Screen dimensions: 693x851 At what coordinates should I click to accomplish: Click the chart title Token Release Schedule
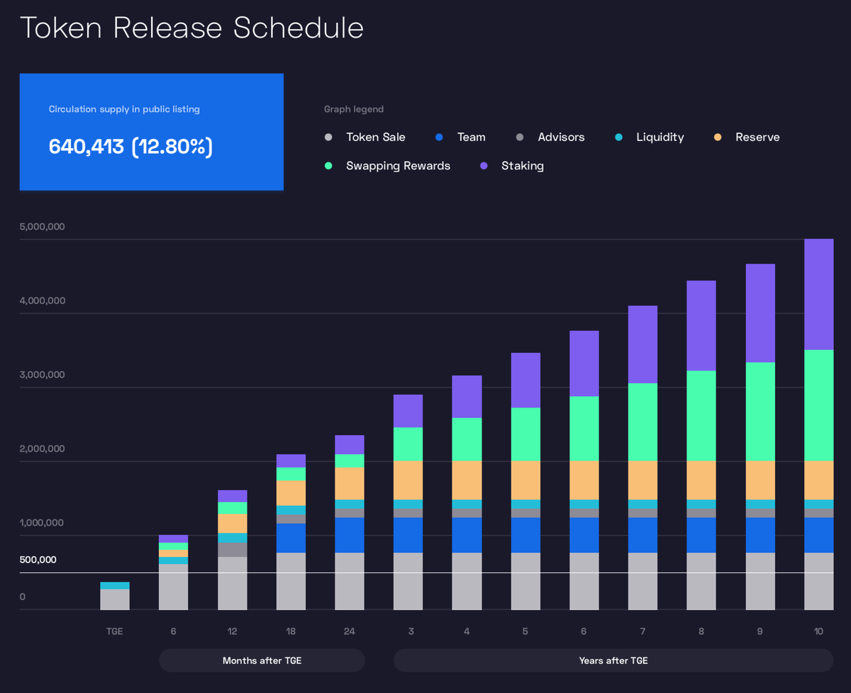click(191, 28)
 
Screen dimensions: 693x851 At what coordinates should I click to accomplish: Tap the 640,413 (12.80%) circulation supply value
click(130, 147)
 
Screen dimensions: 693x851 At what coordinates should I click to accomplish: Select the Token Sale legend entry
click(375, 137)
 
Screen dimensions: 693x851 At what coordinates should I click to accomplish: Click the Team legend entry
click(471, 137)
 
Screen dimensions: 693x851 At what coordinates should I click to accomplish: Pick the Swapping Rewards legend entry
click(397, 166)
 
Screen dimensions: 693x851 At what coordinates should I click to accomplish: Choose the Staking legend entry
click(522, 166)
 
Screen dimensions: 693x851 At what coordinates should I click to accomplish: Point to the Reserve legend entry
click(757, 137)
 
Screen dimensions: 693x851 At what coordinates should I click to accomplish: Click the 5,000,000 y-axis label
click(43, 227)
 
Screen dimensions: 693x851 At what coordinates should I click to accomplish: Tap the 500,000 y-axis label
click(38, 560)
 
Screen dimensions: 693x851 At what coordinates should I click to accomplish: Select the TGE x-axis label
click(115, 631)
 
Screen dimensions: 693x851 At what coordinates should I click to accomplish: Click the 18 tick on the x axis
click(291, 631)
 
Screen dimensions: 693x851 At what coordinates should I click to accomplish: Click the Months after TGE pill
click(262, 660)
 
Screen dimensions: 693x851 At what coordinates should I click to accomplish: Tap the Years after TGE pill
click(613, 660)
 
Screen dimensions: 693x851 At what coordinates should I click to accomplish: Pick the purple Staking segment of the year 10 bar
click(818, 294)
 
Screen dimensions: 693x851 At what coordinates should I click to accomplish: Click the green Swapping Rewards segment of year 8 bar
click(701, 415)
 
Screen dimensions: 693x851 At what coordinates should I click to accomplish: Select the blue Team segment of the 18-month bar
click(291, 538)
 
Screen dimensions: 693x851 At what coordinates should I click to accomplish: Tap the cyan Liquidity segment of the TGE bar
click(115, 585)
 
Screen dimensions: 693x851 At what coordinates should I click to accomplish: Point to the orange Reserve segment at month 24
click(350, 483)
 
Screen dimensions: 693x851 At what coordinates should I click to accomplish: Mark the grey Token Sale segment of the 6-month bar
click(174, 587)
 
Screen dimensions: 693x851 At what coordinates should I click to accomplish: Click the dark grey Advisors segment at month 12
click(233, 550)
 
